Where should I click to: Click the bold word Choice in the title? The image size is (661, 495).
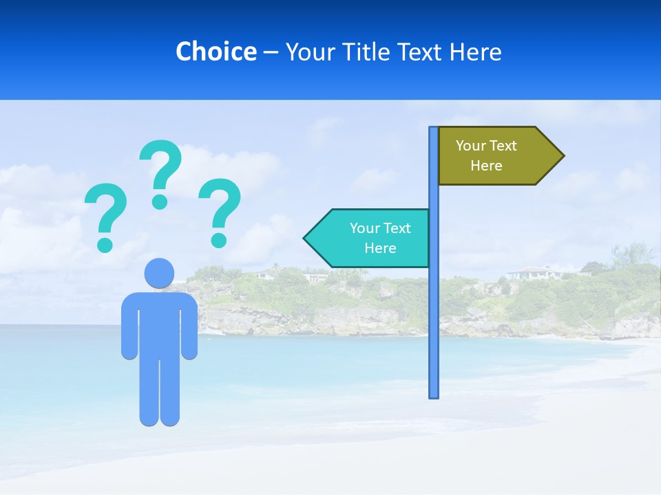216,52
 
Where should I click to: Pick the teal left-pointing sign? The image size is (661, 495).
372,238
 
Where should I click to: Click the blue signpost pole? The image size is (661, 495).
434,309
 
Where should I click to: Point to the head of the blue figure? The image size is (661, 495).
159,273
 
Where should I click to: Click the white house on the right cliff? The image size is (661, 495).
536,272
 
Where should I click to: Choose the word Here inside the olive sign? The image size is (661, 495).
486,166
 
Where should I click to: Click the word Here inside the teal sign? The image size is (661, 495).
380,248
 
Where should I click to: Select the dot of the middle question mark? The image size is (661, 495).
160,201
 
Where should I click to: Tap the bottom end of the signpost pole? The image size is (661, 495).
434,395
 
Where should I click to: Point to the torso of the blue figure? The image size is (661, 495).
159,323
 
